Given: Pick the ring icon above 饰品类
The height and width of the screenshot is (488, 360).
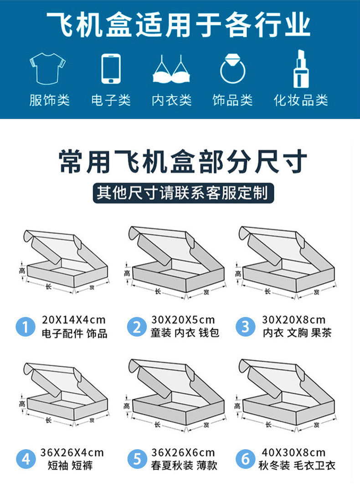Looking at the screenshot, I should pos(233,69).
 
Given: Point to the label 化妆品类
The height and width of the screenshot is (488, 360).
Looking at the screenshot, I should pos(301,100).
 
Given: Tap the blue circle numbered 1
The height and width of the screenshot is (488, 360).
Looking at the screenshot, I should pos(26,327).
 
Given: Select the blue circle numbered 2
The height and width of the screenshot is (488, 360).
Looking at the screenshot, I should pos(137,327).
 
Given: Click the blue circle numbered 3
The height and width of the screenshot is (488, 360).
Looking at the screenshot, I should pos(246,327).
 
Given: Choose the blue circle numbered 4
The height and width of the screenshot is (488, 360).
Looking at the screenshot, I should pos(26,459).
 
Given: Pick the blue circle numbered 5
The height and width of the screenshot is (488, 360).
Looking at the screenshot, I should pos(137,459).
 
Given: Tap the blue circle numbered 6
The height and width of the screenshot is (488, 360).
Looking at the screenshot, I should pos(246,459).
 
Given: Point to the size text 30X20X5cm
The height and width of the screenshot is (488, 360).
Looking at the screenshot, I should pos(183,319).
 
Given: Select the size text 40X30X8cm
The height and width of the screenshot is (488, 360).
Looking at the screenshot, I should pos(294,452).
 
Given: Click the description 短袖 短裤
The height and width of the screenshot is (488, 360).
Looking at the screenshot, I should pos(70,466).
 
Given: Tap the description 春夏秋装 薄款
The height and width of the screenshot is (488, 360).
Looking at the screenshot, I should pos(185,466).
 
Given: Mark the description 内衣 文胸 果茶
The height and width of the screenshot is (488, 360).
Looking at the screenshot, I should pos(297,333).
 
